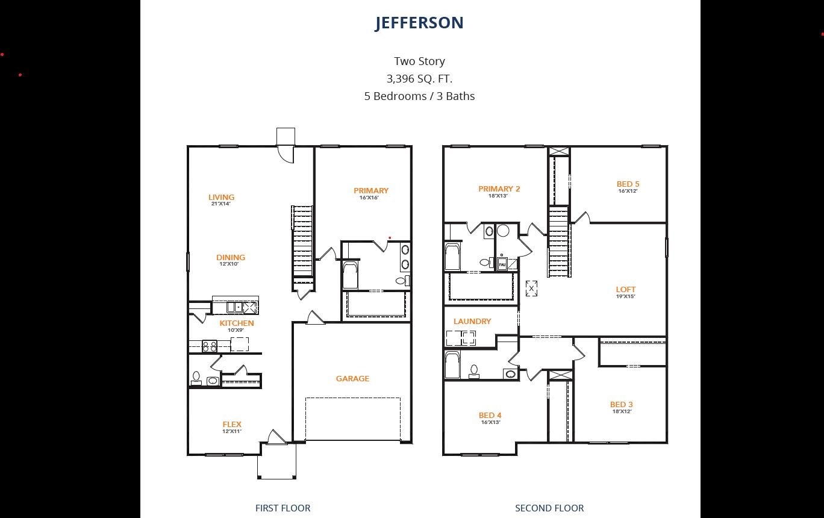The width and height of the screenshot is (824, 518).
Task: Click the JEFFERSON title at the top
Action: (419, 23)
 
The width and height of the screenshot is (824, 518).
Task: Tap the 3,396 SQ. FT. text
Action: (419, 78)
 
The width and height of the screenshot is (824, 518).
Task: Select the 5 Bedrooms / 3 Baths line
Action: (419, 96)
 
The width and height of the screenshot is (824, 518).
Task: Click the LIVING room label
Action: (221, 197)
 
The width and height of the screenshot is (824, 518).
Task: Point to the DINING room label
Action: (231, 257)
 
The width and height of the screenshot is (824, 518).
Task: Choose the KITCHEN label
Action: (236, 323)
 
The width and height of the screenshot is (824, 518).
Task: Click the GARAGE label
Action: (352, 378)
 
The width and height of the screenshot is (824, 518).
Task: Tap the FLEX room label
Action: (232, 424)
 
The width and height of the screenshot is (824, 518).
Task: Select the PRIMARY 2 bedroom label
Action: (499, 189)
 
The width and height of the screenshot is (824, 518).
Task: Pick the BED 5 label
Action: (628, 184)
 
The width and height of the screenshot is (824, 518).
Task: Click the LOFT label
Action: (625, 289)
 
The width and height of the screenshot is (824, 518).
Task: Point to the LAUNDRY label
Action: (472, 321)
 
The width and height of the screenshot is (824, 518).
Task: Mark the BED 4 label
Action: (490, 415)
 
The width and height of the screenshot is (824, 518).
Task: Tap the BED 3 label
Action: (621, 404)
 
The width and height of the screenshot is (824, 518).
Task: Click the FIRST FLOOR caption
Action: (282, 508)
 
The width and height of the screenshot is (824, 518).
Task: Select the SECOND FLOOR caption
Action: (549, 508)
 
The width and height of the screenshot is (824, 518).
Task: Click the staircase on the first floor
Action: (302, 241)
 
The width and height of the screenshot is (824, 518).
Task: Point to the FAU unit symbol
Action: (502, 264)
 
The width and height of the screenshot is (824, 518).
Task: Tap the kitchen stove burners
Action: (209, 346)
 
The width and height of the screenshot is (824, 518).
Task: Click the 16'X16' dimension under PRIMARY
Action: (369, 198)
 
